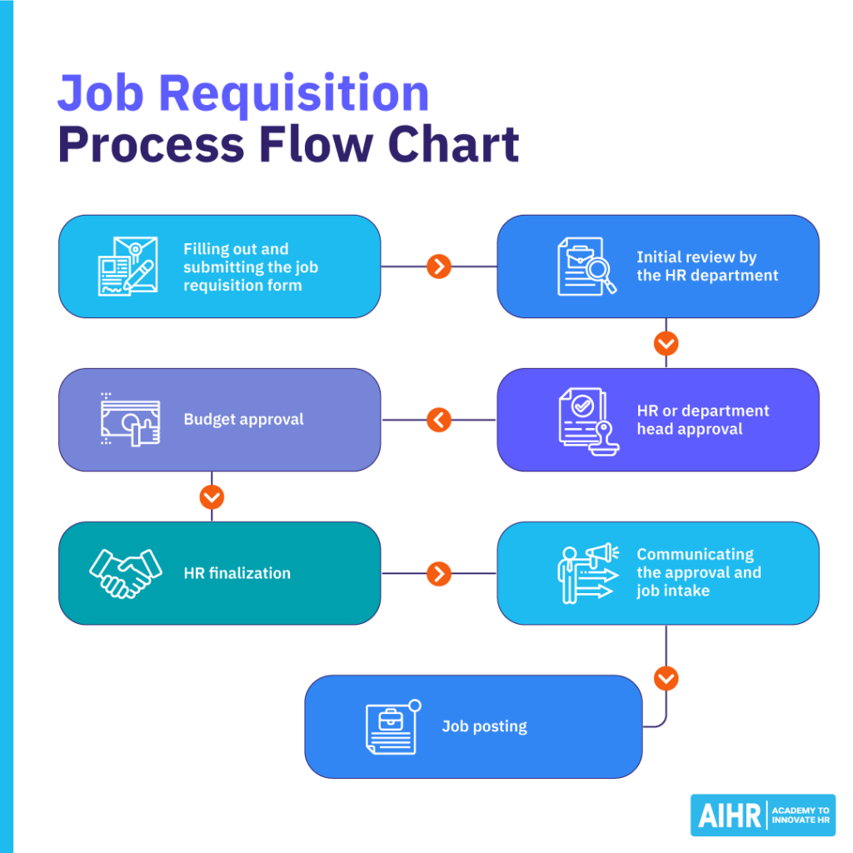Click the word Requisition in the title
tap(294, 93)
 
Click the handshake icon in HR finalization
tap(126, 573)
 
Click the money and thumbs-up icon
tap(129, 419)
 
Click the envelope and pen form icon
tap(127, 267)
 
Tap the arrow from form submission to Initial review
tap(439, 267)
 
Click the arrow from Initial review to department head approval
tap(666, 343)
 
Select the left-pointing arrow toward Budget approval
tap(439, 420)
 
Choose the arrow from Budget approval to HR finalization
tap(212, 497)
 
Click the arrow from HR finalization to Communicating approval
tap(439, 573)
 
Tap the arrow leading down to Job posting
tap(666, 679)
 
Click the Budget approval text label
tap(243, 420)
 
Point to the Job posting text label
tap(484, 726)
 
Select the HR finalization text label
tap(237, 573)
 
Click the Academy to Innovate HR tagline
tap(800, 816)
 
